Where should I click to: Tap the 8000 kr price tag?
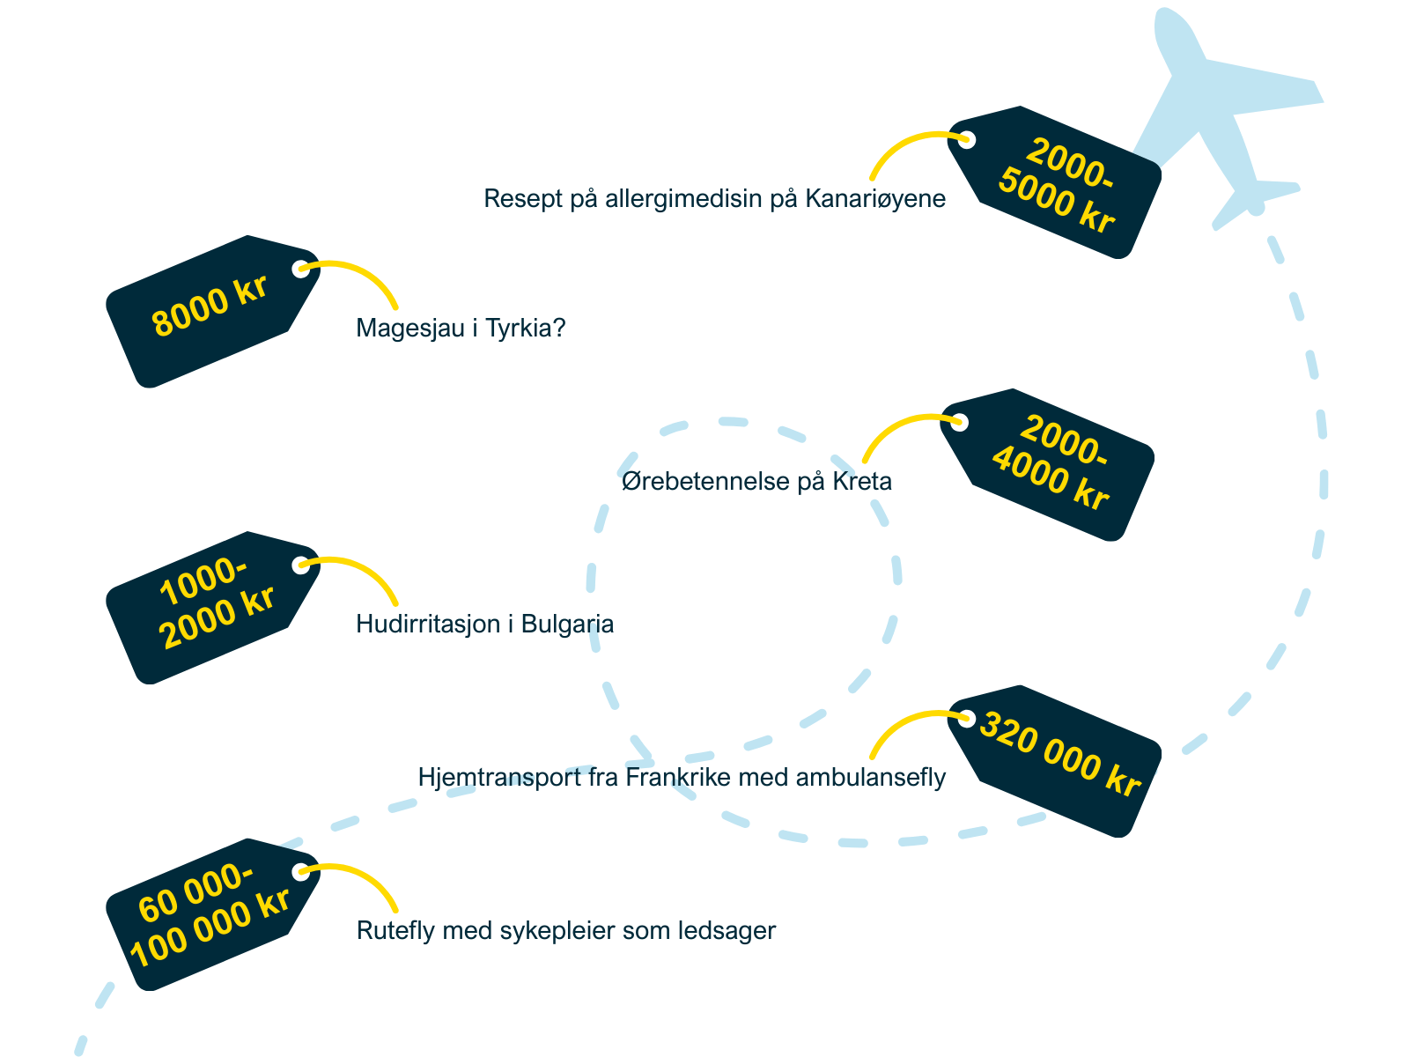pyautogui.click(x=209, y=308)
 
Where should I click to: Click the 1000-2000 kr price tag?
pyautogui.click(x=211, y=606)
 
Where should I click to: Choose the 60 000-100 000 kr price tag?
pyautogui.click(x=210, y=914)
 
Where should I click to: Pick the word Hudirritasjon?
pyautogui.click(x=429, y=625)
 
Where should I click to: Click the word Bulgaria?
pyautogui.click(x=567, y=625)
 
